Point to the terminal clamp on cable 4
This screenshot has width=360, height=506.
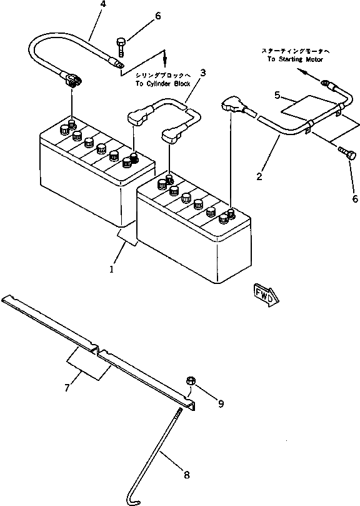[70, 78]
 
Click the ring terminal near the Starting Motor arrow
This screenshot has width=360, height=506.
[324, 82]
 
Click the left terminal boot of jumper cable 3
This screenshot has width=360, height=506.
[137, 115]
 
